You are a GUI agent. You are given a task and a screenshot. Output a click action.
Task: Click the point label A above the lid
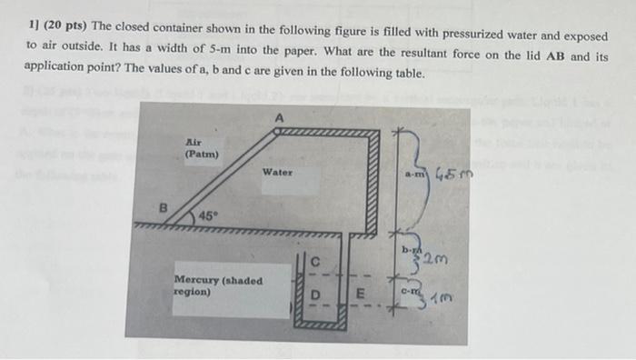click(280, 117)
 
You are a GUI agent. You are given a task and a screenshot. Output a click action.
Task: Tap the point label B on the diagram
click(164, 206)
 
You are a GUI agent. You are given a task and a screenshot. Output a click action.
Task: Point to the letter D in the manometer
click(314, 295)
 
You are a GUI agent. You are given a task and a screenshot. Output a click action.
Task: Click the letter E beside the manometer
click(360, 295)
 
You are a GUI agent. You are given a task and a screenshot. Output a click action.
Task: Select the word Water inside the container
click(277, 172)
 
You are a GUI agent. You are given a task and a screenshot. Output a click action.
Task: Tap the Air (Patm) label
click(201, 148)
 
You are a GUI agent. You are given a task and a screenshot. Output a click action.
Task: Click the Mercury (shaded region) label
click(217, 286)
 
